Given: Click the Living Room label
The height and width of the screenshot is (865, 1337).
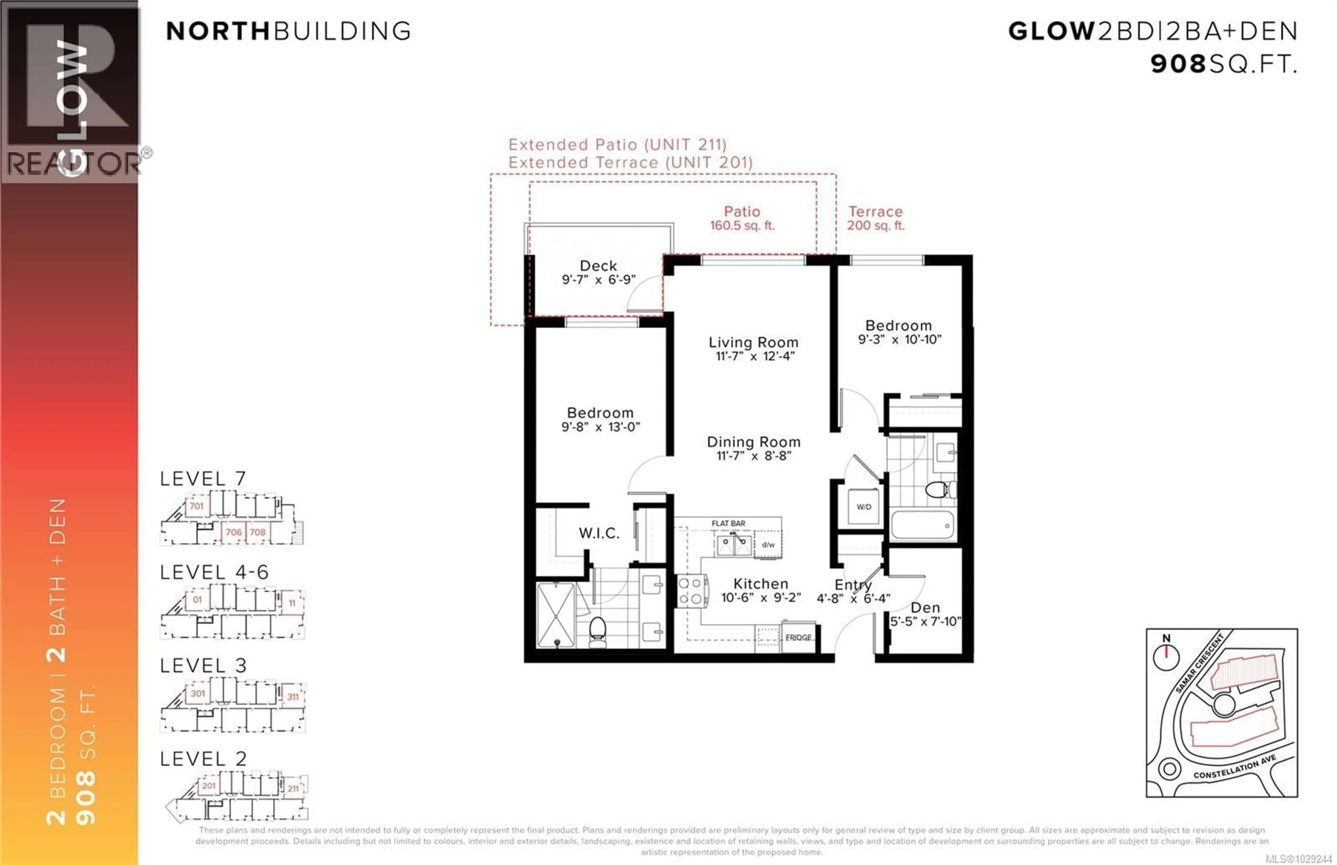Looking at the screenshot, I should [x=753, y=342].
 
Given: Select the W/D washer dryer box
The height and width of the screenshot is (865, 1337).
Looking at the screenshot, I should [x=863, y=507].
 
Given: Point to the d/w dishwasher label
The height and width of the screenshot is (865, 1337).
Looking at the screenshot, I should [x=768, y=544].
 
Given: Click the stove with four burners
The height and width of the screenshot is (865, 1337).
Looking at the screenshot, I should [x=691, y=591].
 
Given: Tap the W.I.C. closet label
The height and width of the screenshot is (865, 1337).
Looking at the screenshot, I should [x=599, y=533].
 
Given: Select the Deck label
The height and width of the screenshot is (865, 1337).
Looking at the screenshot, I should [x=598, y=266].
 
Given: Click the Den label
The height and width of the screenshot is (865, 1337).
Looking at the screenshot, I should [x=925, y=608].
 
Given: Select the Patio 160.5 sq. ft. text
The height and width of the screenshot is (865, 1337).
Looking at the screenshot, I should [x=742, y=218].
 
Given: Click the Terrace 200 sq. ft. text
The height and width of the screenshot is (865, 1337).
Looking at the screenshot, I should [x=875, y=218].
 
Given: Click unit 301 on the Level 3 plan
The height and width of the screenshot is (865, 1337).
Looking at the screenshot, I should [x=198, y=693].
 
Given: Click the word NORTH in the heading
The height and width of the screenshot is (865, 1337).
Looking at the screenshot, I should [x=218, y=31].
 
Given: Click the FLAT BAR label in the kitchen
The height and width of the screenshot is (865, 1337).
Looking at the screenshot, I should [x=728, y=523].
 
